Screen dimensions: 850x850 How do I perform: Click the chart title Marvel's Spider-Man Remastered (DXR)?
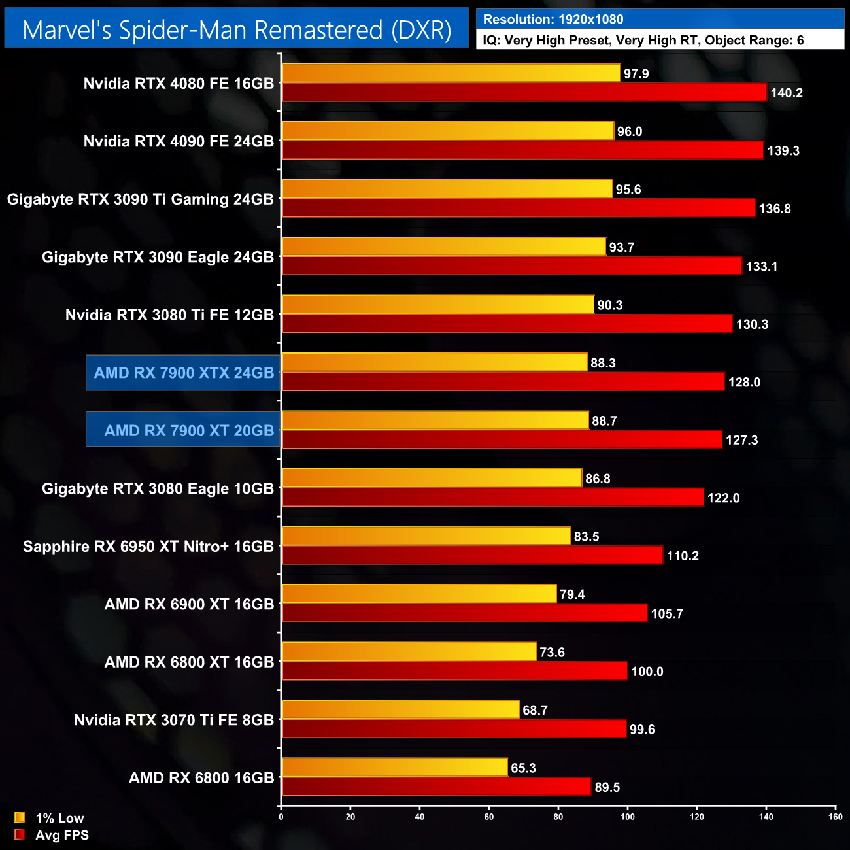pos(237,30)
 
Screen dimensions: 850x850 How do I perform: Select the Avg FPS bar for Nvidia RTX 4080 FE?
pos(523,92)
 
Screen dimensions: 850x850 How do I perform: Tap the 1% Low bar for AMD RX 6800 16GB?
pos(394,768)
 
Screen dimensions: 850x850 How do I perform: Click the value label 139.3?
pos(783,151)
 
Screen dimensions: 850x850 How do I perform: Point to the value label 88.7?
pos(604,421)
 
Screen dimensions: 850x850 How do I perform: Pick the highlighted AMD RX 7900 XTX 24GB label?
pos(184,373)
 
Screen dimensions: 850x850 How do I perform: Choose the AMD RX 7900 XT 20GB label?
pos(189,431)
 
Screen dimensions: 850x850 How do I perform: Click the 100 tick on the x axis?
pos(628,817)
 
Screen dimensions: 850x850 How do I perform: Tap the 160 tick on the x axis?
pos(835,817)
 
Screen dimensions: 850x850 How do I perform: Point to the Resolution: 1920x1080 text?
pos(553,20)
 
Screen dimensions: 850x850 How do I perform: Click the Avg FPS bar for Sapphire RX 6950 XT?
pos(472,556)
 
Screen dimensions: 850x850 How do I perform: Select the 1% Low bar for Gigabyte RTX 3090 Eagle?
pos(444,246)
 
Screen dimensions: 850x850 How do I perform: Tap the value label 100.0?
pos(647,672)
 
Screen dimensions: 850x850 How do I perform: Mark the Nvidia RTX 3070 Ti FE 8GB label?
pos(174,720)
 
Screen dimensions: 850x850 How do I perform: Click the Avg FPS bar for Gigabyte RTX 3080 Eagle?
pos(492,498)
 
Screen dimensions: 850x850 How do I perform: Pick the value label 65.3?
pos(523,768)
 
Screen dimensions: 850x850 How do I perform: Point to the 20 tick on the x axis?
pos(350,817)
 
